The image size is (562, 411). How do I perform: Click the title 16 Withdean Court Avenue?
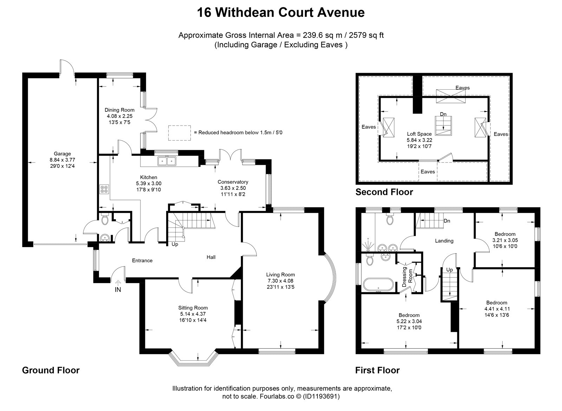pyautogui.click(x=281, y=13)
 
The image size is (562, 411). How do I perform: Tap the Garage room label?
pyautogui.click(x=62, y=154)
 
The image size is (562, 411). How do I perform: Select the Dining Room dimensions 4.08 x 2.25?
pyautogui.click(x=120, y=116)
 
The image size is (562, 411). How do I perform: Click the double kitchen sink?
pyautogui.click(x=167, y=161)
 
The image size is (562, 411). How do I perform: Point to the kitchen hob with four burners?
pyautogui.click(x=104, y=189)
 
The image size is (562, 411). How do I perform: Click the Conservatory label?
pyautogui.click(x=233, y=182)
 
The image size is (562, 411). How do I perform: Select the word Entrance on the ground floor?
pyautogui.click(x=142, y=261)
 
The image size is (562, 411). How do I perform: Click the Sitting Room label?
pyautogui.click(x=193, y=308)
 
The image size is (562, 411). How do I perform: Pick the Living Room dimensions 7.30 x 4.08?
pyautogui.click(x=281, y=281)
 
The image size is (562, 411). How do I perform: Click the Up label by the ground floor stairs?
pyautogui.click(x=175, y=244)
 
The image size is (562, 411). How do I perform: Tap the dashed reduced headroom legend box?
pyautogui.click(x=179, y=133)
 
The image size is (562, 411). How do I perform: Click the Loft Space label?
pyautogui.click(x=419, y=134)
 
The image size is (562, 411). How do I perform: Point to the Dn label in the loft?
pyautogui.click(x=443, y=114)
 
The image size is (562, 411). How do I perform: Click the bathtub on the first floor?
pyautogui.click(x=379, y=285)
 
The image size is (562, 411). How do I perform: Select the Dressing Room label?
pyautogui.click(x=407, y=278)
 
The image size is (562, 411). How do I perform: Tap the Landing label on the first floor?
pyautogui.click(x=444, y=241)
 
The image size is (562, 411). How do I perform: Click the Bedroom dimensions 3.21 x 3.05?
pyautogui.click(x=505, y=240)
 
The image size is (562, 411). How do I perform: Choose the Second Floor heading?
pyautogui.click(x=384, y=192)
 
